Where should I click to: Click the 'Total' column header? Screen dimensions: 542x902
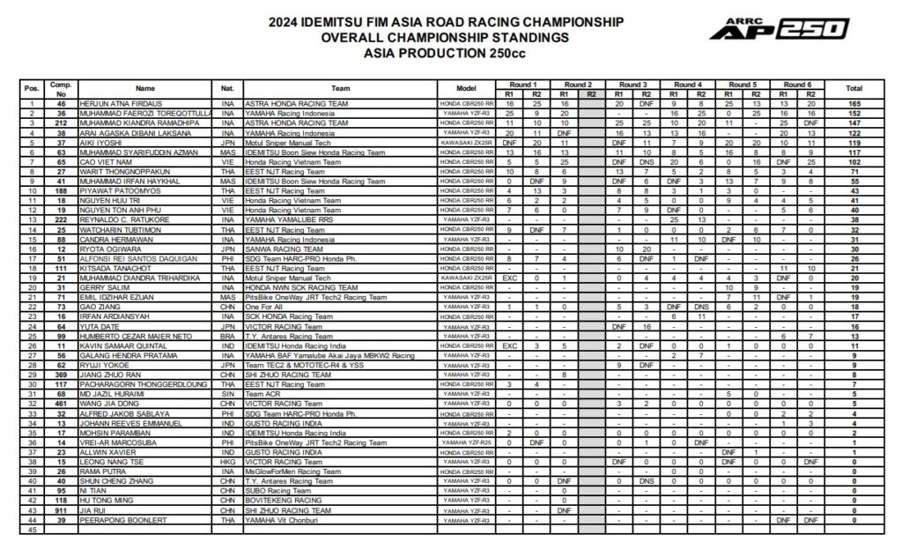click(854, 88)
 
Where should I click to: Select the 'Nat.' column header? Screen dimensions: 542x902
click(227, 88)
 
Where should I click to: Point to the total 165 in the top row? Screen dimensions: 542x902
click(854, 104)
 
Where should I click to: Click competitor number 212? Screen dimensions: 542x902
click(62, 123)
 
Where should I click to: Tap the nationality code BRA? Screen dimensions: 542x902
click(227, 335)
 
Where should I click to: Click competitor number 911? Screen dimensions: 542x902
click(62, 510)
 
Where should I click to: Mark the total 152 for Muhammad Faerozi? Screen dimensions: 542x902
click(854, 114)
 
